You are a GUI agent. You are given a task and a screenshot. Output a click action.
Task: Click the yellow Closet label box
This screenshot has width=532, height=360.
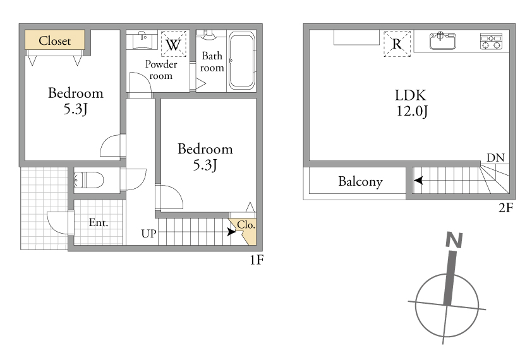tap(54, 40)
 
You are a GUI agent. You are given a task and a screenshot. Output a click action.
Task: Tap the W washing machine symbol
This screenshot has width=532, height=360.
tap(173, 44)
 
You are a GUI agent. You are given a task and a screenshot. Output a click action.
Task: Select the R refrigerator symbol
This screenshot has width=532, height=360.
tap(397, 44)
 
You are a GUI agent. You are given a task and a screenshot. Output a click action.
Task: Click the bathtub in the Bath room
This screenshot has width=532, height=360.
tap(241, 61)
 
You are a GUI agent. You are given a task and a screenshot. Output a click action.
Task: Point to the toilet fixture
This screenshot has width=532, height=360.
tap(88, 180)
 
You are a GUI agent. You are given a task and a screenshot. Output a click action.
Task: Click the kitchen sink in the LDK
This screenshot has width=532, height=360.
tap(442, 40)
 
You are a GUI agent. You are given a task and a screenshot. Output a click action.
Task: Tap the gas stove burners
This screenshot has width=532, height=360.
tap(491, 42)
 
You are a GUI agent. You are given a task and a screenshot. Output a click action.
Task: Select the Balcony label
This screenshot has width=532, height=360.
tap(360, 181)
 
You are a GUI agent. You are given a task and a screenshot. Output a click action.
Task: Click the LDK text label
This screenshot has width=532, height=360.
tap(410, 95)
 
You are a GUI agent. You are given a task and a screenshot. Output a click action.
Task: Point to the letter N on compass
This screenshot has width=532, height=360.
tap(454, 240)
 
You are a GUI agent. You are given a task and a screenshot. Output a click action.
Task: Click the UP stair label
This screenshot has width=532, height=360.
tap(149, 234)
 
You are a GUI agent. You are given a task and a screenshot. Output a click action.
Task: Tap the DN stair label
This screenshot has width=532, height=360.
tap(495, 158)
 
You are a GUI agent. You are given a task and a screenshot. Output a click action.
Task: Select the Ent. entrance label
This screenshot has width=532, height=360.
tap(99, 222)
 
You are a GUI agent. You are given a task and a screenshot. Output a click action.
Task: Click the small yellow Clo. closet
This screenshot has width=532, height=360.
tap(245, 231)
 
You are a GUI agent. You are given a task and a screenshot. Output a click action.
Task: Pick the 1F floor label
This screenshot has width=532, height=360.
tap(257, 260)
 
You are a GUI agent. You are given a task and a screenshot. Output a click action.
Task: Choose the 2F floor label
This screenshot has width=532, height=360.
tap(505, 208)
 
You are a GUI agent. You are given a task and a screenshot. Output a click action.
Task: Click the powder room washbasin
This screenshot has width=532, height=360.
tap(142, 40)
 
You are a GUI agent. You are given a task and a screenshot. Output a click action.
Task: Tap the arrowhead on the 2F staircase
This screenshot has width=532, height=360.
tap(418, 180)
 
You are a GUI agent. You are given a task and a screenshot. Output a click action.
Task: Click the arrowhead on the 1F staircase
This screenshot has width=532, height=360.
tap(231, 232)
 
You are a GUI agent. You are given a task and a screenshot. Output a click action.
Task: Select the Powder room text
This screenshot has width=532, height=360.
tap(161, 70)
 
